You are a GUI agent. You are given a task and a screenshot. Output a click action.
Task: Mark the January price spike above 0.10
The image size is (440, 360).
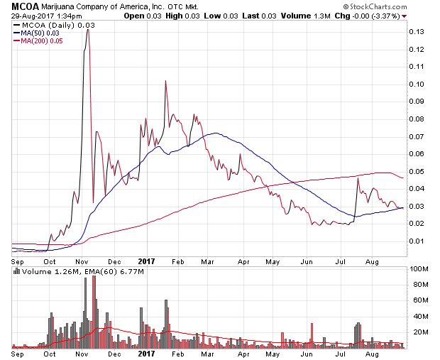(165, 81)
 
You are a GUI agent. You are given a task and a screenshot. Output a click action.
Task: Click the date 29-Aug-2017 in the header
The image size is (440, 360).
(33, 16)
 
